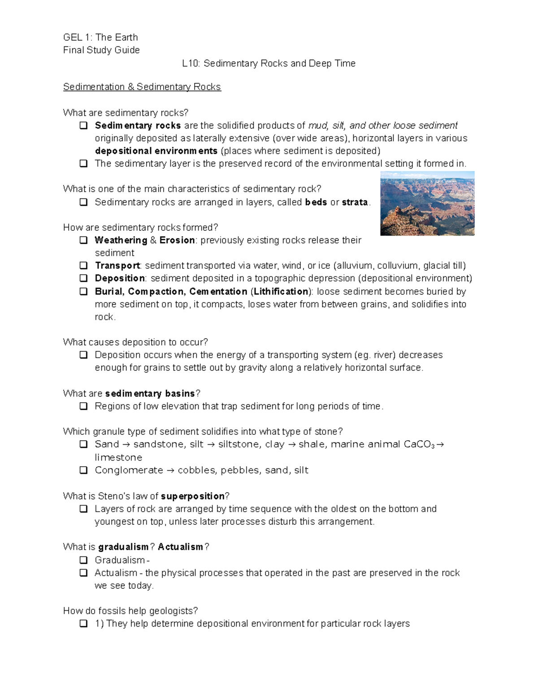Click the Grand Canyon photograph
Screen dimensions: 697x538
point(427,203)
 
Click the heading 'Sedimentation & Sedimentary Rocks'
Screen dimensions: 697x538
point(142,87)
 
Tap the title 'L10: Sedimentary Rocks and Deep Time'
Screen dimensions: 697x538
point(269,63)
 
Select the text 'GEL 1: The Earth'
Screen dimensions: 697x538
point(100,37)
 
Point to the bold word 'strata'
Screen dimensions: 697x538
point(355,202)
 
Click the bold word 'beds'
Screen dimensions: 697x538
point(316,202)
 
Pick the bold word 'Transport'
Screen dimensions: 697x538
point(117,265)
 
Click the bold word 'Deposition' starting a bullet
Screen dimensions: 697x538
point(120,278)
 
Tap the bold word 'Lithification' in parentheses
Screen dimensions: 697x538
point(281,291)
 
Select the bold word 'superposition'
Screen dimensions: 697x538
point(192,496)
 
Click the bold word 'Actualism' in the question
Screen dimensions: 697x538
point(180,547)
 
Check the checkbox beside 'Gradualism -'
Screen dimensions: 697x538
point(83,560)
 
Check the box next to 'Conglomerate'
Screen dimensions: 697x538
point(83,470)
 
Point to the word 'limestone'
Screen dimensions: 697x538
point(118,457)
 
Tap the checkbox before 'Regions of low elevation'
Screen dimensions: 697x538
point(83,406)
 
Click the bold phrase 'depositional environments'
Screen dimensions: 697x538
point(156,151)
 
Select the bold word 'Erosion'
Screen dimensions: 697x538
point(177,240)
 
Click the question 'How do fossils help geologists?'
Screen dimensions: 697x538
point(130,610)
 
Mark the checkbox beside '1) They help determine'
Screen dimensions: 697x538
point(83,623)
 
